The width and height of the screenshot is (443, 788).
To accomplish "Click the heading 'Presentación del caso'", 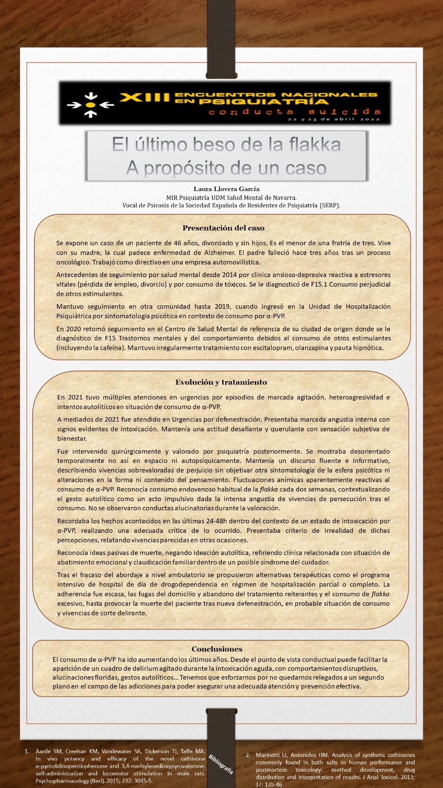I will tap(223, 228).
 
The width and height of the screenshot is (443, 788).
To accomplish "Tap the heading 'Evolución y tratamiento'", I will tap(221, 382).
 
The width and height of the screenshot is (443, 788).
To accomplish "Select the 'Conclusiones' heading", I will tap(217, 649).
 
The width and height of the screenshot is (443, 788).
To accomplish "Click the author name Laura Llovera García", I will tap(226, 189).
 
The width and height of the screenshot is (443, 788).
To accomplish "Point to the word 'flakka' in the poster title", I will tap(315, 145).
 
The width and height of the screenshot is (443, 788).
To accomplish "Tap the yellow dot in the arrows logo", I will tap(90, 105).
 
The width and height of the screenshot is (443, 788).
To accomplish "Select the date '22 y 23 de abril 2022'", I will tap(334, 120).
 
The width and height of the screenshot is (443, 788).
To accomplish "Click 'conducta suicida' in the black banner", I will tap(294, 112).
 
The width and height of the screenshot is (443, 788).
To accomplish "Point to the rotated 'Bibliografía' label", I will tap(221, 764).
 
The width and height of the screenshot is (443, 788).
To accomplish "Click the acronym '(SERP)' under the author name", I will tap(329, 205).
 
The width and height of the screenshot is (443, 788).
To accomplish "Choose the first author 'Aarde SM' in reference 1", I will tap(48, 752).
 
